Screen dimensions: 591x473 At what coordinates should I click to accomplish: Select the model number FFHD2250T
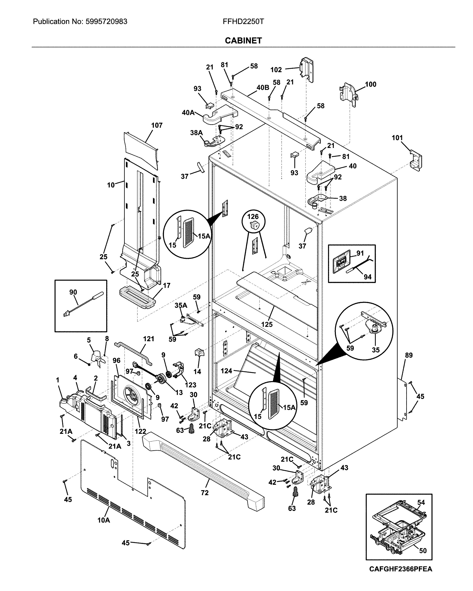pos(243,22)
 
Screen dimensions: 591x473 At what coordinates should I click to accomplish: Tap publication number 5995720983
pos(106,22)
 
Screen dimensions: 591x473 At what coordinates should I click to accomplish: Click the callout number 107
pos(157,125)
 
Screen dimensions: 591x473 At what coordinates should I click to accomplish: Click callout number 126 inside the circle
pos(253,217)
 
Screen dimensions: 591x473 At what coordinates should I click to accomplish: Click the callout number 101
pos(397,138)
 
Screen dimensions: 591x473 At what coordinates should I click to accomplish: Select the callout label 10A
pos(104,520)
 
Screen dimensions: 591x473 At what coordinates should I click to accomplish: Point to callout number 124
pos(227,371)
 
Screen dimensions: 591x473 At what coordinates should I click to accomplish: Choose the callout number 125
pos(267,324)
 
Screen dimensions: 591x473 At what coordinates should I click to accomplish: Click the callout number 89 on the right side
pos(409,355)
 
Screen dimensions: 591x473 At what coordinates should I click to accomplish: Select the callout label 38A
pos(196,133)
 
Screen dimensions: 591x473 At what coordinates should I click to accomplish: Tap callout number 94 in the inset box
pos(367,277)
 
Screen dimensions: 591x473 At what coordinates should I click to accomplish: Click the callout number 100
pos(371,84)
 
